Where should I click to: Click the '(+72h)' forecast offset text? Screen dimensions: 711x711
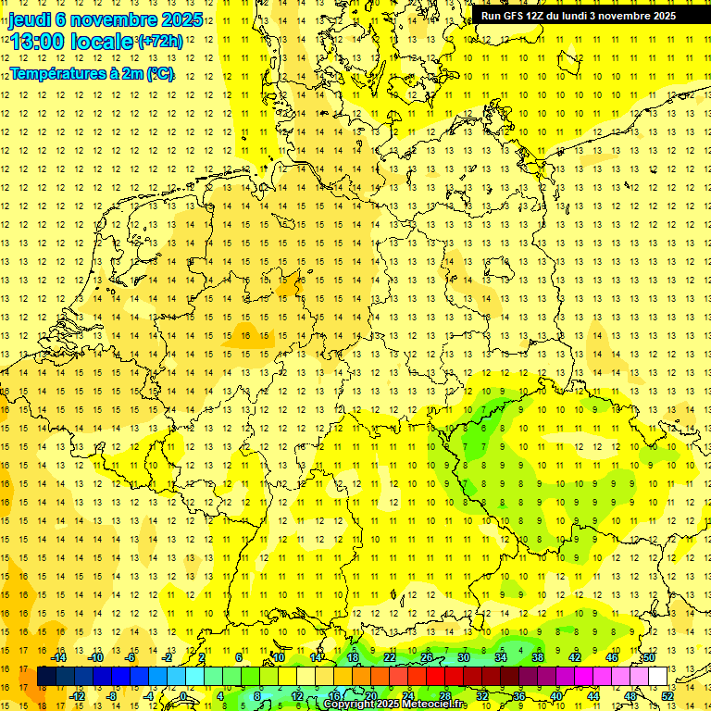pyautogui.click(x=160, y=42)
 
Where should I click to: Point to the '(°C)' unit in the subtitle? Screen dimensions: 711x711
pyautogui.click(x=160, y=73)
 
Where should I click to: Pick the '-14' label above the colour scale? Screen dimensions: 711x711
pyautogui.click(x=63, y=657)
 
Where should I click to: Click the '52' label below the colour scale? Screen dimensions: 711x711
pyautogui.click(x=667, y=696)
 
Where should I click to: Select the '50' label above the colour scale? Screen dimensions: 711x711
pyautogui.click(x=649, y=657)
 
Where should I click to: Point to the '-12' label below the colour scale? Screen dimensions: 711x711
pyautogui.click(x=80, y=696)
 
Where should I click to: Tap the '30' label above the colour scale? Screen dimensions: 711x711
pyautogui.click(x=463, y=657)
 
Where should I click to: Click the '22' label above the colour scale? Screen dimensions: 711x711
pyautogui.click(x=389, y=657)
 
